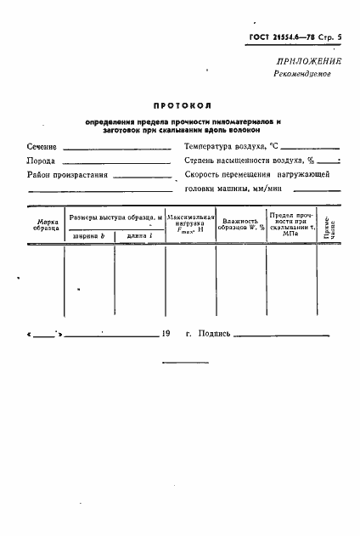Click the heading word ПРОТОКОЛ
tap(182, 106)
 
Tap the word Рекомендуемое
tap(303, 74)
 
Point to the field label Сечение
tap(42, 147)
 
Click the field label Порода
tap(42, 161)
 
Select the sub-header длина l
tap(139, 234)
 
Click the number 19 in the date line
tap(165, 334)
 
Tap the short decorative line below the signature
tap(179, 363)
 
